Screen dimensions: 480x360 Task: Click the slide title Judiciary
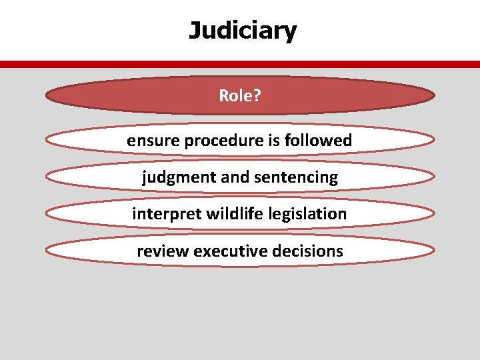243,31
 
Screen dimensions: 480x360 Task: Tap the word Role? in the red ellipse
240,96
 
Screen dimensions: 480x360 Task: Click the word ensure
149,141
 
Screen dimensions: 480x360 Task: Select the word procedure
218,141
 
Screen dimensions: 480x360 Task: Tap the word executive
231,251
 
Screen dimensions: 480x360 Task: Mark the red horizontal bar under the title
240,65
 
